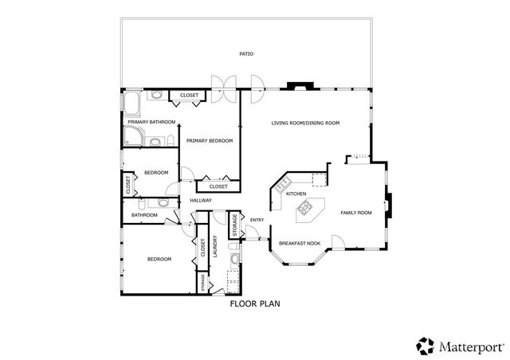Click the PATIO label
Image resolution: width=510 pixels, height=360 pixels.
tap(246, 54)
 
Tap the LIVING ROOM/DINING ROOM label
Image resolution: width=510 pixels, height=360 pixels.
tap(305, 123)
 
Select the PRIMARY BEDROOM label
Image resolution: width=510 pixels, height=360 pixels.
tap(210, 140)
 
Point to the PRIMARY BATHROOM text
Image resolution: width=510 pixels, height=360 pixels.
tap(146, 122)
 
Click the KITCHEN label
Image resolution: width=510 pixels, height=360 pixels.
tap(296, 194)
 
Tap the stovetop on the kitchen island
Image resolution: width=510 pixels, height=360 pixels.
tap(305, 210)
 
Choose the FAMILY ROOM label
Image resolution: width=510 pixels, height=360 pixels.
tap(356, 213)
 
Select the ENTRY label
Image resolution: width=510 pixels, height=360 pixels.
tap(257, 220)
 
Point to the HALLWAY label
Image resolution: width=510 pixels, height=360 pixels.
tap(201, 200)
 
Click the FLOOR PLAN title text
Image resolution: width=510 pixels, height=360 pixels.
tap(255, 303)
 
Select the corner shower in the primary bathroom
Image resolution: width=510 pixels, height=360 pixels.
tap(133, 139)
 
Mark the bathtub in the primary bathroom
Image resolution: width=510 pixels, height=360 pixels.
tap(130, 102)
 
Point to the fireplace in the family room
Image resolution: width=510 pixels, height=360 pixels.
tap(387, 204)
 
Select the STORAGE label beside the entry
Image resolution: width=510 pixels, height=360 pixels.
tap(233, 224)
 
